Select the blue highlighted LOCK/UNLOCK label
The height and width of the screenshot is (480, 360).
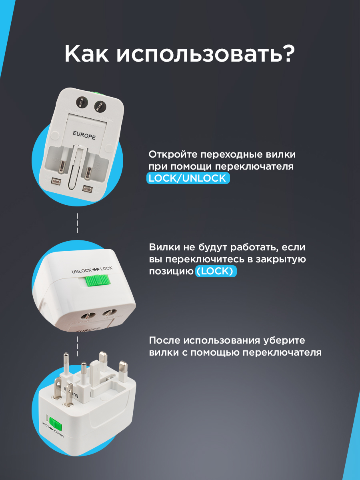[x=188, y=178]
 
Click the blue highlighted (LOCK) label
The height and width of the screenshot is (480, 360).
[x=216, y=271]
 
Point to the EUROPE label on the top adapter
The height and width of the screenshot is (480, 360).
[x=84, y=134]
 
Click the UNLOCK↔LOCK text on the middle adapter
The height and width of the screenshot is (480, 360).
[x=92, y=270]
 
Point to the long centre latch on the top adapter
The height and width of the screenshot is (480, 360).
[x=76, y=168]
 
